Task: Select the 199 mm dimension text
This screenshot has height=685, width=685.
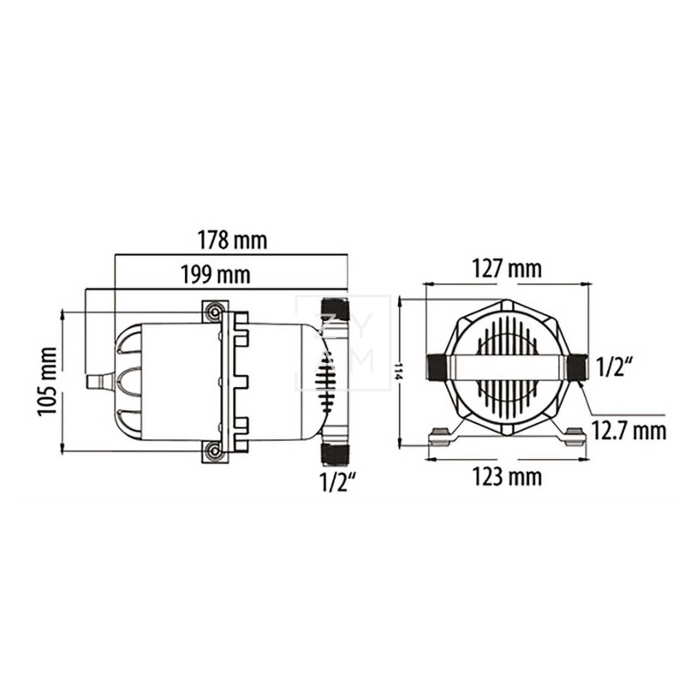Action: tap(215, 275)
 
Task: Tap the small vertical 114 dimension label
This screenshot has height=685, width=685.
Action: tap(397, 372)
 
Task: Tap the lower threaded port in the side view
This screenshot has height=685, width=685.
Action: tap(333, 450)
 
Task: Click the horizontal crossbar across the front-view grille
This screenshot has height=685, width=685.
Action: tap(507, 368)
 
